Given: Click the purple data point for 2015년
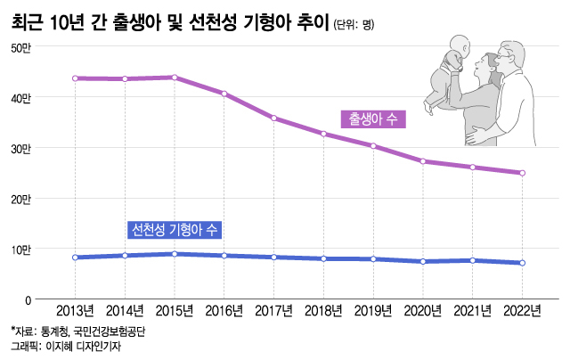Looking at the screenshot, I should coord(175,78).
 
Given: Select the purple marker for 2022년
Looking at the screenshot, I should coord(523,173).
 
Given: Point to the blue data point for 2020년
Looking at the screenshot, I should coord(423,261).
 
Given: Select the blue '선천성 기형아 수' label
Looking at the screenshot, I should coord(175,230).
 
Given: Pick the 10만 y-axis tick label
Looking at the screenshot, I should coord(20,250).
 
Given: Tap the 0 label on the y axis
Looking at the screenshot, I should coord(28,300).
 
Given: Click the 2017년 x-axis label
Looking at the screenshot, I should coord(274,311).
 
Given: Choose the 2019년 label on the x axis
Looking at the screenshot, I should coord(373,311).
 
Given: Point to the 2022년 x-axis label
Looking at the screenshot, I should coord(523,311).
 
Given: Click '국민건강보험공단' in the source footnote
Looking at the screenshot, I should coord(109,331).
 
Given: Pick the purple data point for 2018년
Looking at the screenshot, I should coord(324,135).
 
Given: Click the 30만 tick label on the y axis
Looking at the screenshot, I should coord(20,148).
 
